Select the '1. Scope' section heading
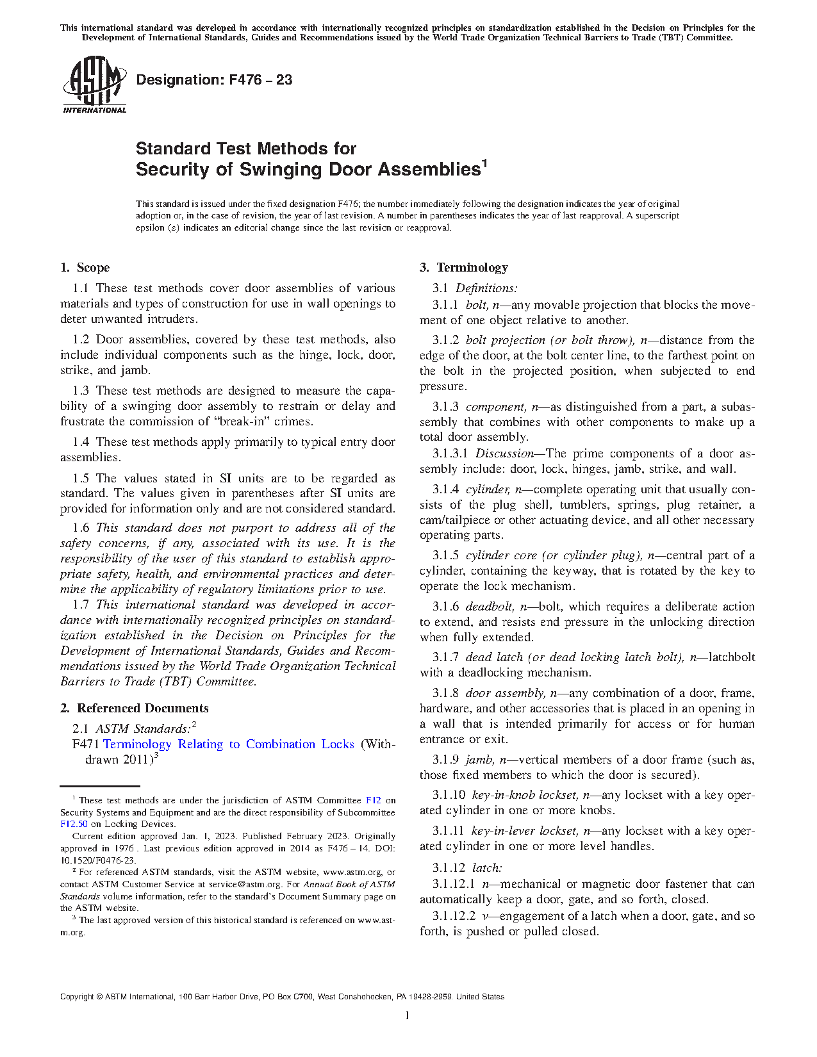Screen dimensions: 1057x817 coord(85,268)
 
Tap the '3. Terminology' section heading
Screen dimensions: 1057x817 coord(464,268)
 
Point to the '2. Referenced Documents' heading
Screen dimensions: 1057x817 coord(135,709)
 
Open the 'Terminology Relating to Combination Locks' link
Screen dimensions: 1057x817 coord(229,744)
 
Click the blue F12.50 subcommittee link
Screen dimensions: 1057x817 coord(74,824)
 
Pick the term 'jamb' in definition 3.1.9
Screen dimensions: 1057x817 coord(479,760)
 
